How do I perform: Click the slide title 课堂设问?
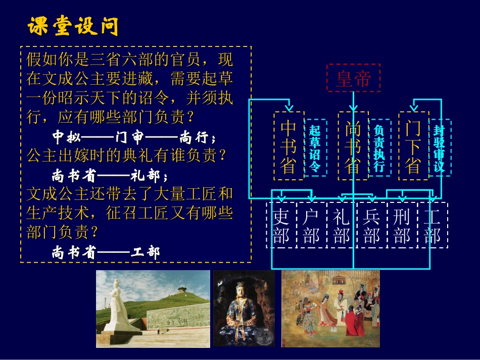point(73,26)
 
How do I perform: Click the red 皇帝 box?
point(353,78)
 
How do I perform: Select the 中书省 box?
point(289,146)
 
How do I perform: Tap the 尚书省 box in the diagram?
point(353,146)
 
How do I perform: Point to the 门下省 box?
point(413,146)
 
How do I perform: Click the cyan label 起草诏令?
point(315,147)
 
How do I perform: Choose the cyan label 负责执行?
point(379,147)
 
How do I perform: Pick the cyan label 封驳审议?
point(440,147)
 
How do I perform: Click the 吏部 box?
point(281,226)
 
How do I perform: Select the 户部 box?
point(311,226)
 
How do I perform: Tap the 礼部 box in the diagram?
point(342,226)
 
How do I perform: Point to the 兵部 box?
point(372,226)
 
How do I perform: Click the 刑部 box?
point(402,226)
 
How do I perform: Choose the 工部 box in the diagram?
point(433,226)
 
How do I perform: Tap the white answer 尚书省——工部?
point(106,252)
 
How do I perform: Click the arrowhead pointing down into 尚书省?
point(353,108)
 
